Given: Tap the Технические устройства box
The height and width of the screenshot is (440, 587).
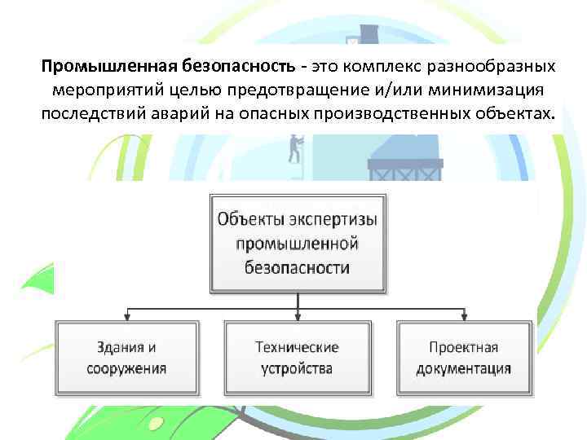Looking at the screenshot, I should [x=297, y=358].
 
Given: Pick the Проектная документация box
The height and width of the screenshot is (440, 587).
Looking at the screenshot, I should [x=465, y=358].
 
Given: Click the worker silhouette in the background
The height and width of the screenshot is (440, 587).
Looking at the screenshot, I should [x=294, y=149].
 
